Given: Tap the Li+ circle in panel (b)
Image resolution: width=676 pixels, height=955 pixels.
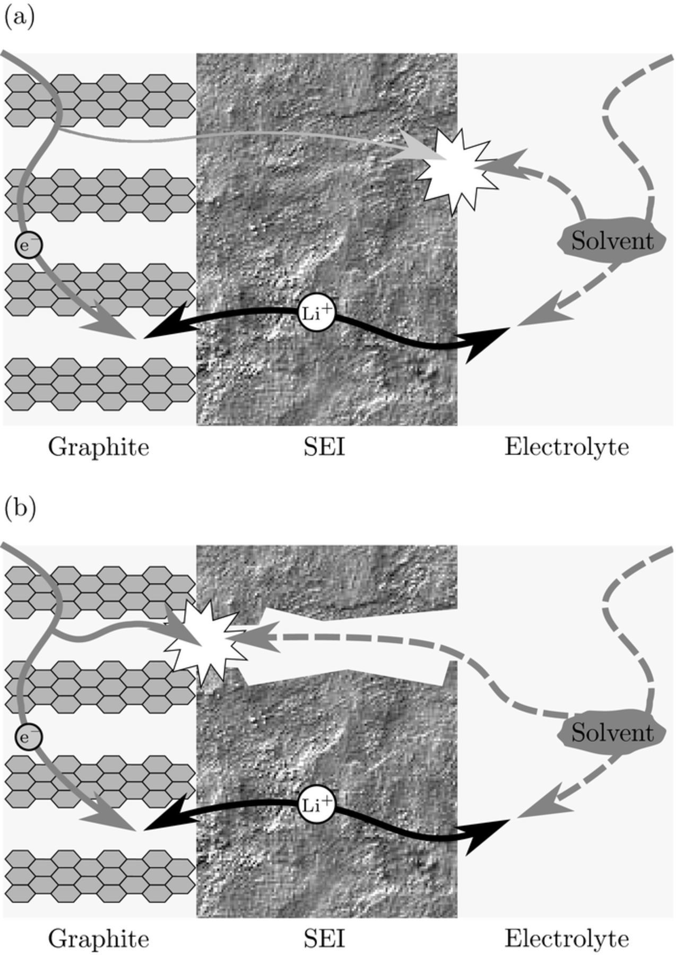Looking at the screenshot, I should coord(317,805).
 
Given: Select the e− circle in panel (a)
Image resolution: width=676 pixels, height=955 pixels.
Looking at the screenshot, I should coord(29,246).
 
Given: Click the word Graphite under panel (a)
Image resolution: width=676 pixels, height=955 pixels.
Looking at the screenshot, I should coord(99,447).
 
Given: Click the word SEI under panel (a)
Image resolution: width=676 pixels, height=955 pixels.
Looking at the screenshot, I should coord(324,447).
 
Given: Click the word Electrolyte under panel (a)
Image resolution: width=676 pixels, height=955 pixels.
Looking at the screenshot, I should coord(566,447).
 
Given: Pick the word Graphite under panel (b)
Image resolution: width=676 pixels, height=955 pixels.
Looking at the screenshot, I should coord(99,939).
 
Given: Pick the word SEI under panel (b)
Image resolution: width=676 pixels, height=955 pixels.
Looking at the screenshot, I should coord(324,939).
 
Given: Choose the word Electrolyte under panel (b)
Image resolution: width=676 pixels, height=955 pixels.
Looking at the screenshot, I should coord(566,939).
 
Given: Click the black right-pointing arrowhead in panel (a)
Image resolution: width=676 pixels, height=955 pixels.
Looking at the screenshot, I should coord(484,342).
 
